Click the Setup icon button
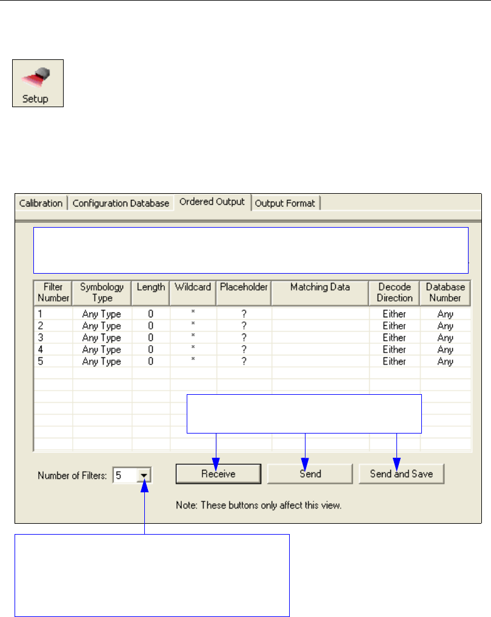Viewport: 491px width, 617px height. pyautogui.click(x=38, y=84)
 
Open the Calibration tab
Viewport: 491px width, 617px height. pyautogui.click(x=41, y=203)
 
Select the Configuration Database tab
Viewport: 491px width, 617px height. pyautogui.click(x=121, y=203)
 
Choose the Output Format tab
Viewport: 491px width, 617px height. pyautogui.click(x=285, y=203)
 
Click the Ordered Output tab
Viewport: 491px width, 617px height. pyautogui.click(x=212, y=202)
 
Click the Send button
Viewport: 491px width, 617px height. pyautogui.click(x=310, y=474)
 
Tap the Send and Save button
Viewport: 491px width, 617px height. pyautogui.click(x=401, y=474)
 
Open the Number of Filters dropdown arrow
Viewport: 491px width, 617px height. pyautogui.click(x=144, y=476)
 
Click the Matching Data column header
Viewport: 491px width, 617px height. pyautogui.click(x=320, y=288)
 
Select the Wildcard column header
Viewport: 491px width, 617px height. pyautogui.click(x=193, y=288)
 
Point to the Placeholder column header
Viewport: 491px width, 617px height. pyautogui.click(x=244, y=288)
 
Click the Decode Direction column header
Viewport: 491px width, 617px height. pyautogui.click(x=394, y=292)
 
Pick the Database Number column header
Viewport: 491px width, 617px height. pyautogui.click(x=446, y=292)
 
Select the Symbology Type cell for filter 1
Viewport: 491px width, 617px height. pyautogui.click(x=102, y=314)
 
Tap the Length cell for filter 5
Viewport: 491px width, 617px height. pyautogui.click(x=150, y=361)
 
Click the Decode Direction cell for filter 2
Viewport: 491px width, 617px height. pyautogui.click(x=394, y=326)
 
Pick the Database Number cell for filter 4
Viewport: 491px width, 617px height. pyautogui.click(x=446, y=349)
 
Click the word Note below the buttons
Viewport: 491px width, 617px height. pyautogui.click(x=185, y=504)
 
